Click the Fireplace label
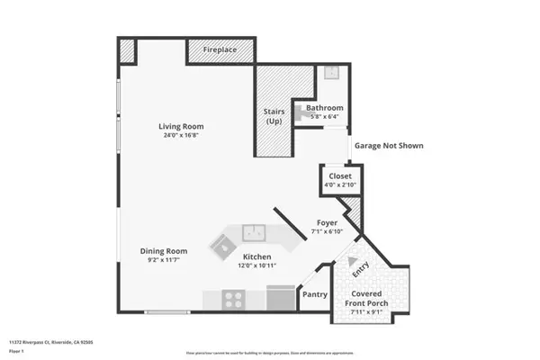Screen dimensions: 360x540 click(x=220, y=50)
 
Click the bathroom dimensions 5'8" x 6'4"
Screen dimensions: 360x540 click(x=325, y=117)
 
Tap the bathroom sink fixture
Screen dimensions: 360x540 click(x=330, y=74)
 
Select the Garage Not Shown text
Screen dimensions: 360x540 click(x=389, y=146)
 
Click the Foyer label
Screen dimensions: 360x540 click(x=326, y=222)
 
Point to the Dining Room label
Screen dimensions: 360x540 click(x=163, y=251)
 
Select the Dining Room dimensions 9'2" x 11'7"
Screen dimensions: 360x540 click(x=163, y=261)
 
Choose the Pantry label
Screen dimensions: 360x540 click(x=314, y=294)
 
